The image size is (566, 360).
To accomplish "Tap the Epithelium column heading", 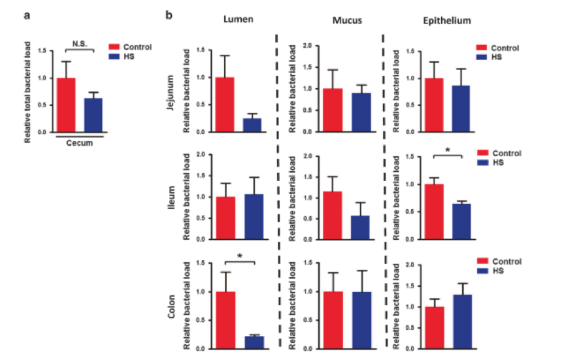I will tap(448, 20).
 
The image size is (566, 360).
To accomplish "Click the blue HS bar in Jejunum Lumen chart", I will tap(253, 125).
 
